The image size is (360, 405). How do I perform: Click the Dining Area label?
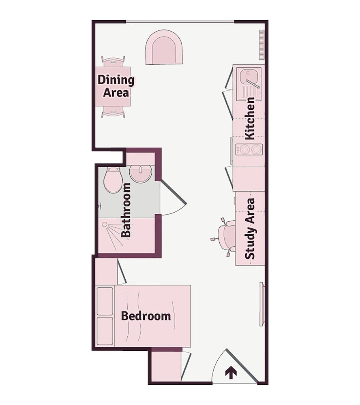point(116,86)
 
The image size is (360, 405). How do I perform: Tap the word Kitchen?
point(250,118)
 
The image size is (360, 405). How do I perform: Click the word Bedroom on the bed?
point(146,316)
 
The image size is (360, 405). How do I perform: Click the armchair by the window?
point(164,47)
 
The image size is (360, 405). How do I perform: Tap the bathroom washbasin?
point(140,173)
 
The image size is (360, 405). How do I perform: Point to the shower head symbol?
point(105,224)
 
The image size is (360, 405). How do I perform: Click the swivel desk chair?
point(225,237)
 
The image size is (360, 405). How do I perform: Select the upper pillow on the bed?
point(105,301)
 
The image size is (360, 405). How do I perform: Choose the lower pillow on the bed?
point(105,331)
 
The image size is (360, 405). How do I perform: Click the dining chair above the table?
point(113,62)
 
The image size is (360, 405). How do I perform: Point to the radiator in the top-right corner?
point(261,45)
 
